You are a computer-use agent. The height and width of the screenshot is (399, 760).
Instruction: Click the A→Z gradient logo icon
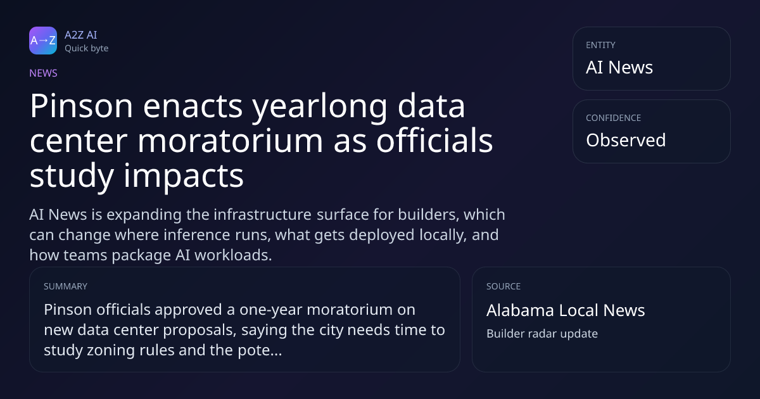(43, 41)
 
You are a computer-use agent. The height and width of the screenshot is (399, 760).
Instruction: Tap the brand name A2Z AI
(81, 35)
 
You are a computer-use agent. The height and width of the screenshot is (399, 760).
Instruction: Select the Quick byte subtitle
(87, 49)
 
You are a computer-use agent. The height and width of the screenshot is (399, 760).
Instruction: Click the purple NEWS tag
(44, 73)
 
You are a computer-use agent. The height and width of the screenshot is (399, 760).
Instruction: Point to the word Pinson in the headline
(82, 106)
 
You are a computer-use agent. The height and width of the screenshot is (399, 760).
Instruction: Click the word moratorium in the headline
(231, 141)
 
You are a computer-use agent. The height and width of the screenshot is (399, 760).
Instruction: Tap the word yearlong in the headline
(319, 108)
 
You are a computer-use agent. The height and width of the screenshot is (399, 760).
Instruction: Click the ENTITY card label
(600, 45)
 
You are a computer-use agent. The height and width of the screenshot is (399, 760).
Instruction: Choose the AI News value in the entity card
(619, 67)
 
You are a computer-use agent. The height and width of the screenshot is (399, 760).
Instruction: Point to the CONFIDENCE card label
(614, 118)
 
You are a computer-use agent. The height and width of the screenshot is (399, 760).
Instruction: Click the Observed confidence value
(626, 140)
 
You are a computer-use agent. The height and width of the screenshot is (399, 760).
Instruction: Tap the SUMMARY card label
(65, 286)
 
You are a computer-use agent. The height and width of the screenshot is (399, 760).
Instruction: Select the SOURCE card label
(503, 286)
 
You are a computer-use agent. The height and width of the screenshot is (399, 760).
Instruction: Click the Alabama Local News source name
(566, 310)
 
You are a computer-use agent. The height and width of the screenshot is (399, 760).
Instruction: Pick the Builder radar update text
(542, 334)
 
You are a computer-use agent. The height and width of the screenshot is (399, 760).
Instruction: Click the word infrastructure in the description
(263, 215)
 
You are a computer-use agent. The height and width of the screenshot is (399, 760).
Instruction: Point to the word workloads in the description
(233, 255)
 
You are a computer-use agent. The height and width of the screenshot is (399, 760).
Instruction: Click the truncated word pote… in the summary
(260, 350)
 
